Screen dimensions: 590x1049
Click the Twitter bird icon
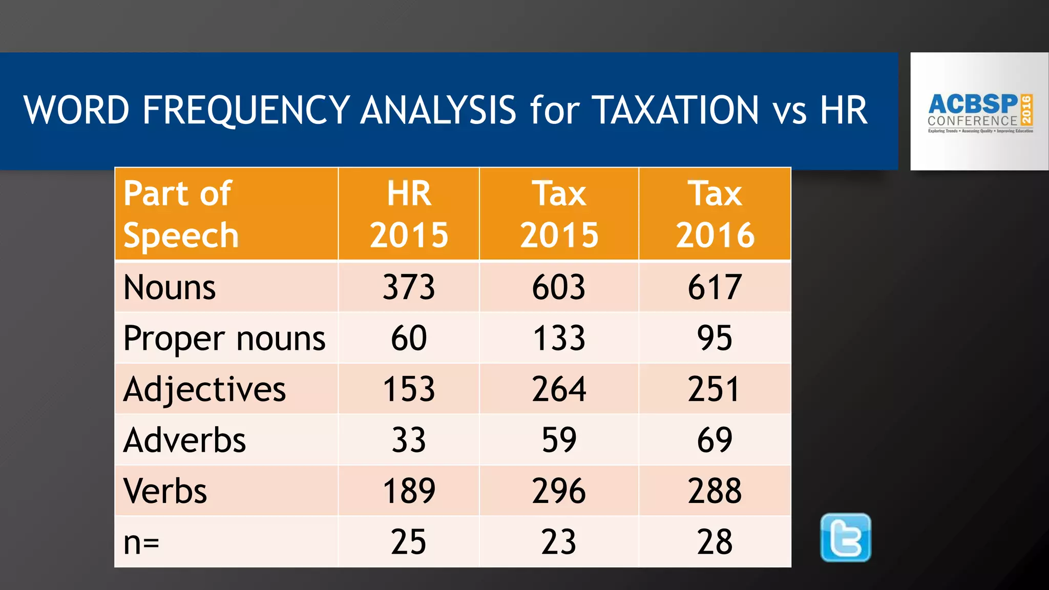pyautogui.click(x=846, y=537)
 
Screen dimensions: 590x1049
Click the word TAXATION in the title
pyautogui.click(x=676, y=111)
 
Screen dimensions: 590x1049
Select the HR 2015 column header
pyautogui.click(x=409, y=214)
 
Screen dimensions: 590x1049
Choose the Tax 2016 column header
pyautogui.click(x=715, y=214)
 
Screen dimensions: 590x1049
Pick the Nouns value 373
pyautogui.click(x=409, y=287)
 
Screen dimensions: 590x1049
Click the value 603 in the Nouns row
pyautogui.click(x=559, y=287)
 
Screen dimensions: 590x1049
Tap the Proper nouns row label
pyautogui.click(x=224, y=339)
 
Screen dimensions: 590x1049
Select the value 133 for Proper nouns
pyautogui.click(x=559, y=339)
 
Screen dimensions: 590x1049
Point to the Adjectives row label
pyautogui.click(x=204, y=389)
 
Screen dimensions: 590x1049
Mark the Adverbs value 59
pyautogui.click(x=559, y=440)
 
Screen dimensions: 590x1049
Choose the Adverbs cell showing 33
pyautogui.click(x=409, y=440)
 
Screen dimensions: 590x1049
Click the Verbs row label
pyautogui.click(x=165, y=491)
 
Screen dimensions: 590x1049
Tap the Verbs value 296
pyautogui.click(x=559, y=491)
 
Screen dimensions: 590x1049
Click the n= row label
pyautogui.click(x=141, y=542)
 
